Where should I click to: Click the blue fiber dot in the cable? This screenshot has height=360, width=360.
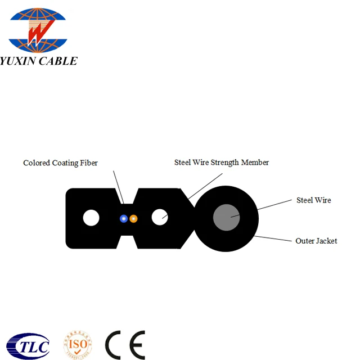124,218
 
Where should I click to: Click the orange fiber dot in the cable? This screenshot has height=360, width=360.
133,218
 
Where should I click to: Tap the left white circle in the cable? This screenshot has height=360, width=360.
91,218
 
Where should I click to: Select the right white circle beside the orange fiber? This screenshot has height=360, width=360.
160,217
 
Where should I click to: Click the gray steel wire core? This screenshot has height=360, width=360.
227,218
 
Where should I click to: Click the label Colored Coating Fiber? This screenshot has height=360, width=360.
60,163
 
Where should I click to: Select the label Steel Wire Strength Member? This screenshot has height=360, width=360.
222,163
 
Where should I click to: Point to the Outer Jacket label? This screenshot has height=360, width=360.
316,241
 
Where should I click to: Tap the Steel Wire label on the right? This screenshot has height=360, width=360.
313,200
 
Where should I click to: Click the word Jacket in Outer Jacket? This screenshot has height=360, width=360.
326,241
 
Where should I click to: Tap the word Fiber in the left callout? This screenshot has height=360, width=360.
88,163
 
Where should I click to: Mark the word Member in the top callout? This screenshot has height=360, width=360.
255,163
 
